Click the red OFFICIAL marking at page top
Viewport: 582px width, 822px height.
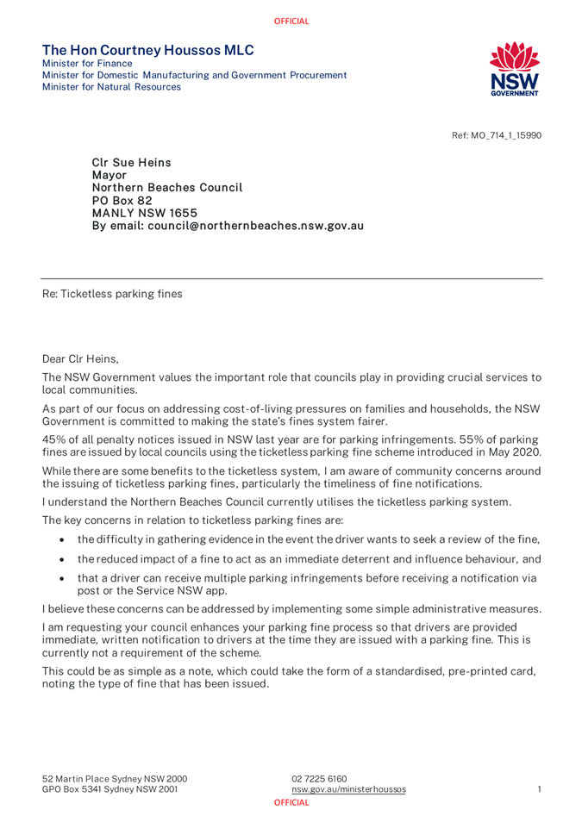pyautogui.click(x=291, y=21)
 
